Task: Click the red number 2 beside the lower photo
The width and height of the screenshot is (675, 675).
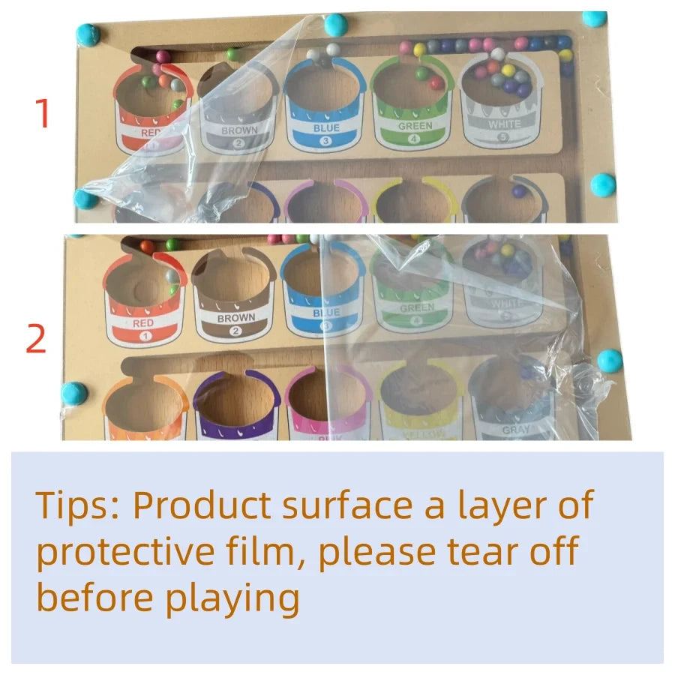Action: point(37,339)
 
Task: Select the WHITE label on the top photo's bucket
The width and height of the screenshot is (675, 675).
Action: point(503,124)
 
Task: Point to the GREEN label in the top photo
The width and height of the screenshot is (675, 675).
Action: point(415,126)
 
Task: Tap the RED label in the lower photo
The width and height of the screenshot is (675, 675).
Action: point(143,323)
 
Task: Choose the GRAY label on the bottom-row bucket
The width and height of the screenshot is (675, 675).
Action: point(516,430)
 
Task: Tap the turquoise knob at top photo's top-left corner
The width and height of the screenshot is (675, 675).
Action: point(88,34)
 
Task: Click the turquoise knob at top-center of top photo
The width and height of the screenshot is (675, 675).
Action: point(335,23)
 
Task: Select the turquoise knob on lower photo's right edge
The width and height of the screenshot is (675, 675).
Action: point(610,360)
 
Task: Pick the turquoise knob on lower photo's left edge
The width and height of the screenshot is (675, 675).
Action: point(75,392)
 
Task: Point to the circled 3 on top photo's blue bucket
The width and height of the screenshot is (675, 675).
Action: point(325,140)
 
